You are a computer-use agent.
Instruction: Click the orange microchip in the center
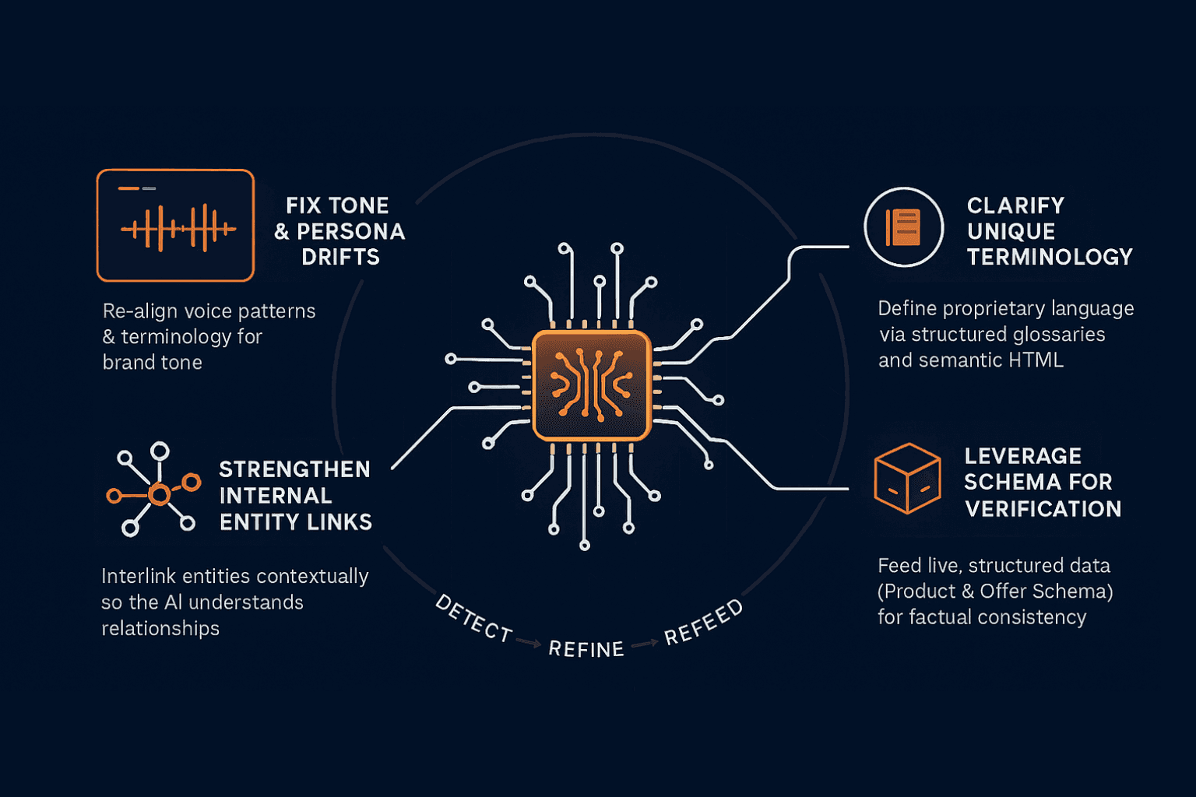click(592, 385)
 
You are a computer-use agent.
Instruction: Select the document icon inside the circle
click(903, 227)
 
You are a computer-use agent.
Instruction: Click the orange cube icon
click(907, 478)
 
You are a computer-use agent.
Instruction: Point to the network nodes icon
click(154, 490)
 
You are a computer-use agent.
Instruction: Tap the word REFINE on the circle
click(586, 649)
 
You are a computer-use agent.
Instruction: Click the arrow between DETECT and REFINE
click(529, 643)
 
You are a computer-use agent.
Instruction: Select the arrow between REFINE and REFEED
click(645, 644)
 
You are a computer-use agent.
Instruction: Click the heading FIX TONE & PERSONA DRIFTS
click(339, 231)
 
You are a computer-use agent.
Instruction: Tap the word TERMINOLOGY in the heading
click(1050, 257)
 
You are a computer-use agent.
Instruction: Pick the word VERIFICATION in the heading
click(1043, 509)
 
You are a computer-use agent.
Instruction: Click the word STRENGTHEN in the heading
click(294, 469)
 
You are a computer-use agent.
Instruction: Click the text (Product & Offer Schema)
click(995, 592)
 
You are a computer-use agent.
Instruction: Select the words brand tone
click(153, 363)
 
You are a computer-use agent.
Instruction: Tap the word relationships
click(160, 628)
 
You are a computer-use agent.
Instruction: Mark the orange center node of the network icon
click(159, 494)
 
